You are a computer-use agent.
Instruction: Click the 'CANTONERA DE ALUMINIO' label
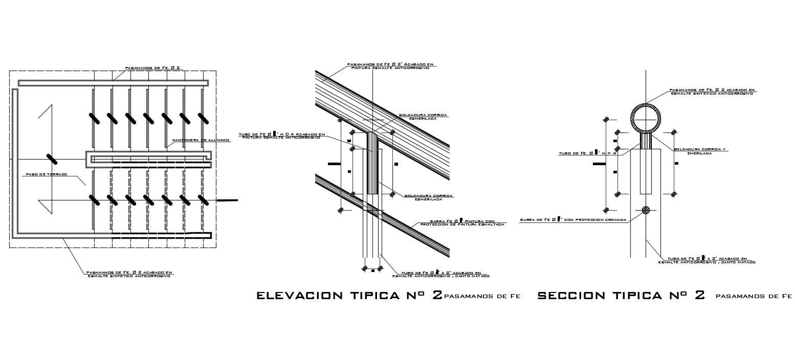[195, 140]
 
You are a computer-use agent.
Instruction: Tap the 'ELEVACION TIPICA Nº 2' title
[349, 296]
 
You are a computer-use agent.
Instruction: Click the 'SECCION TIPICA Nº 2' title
[622, 296]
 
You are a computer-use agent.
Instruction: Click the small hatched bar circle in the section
[646, 210]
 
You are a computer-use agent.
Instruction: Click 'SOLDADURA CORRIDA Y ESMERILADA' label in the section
[699, 151]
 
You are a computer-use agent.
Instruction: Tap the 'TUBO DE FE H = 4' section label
[587, 153]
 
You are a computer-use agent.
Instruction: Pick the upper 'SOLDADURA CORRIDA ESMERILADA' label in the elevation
[422, 117]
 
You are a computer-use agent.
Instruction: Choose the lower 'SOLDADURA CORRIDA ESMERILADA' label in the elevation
[429, 197]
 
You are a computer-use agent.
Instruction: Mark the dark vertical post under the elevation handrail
[372, 164]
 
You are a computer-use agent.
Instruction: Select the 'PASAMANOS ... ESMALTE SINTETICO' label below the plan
[129, 274]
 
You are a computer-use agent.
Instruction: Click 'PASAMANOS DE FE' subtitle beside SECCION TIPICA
[754, 296]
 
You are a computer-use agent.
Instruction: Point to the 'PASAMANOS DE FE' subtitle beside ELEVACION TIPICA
[482, 296]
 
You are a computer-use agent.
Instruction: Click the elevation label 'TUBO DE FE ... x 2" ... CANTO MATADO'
[441, 275]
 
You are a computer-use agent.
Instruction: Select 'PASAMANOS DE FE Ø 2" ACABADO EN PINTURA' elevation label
[390, 66]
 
